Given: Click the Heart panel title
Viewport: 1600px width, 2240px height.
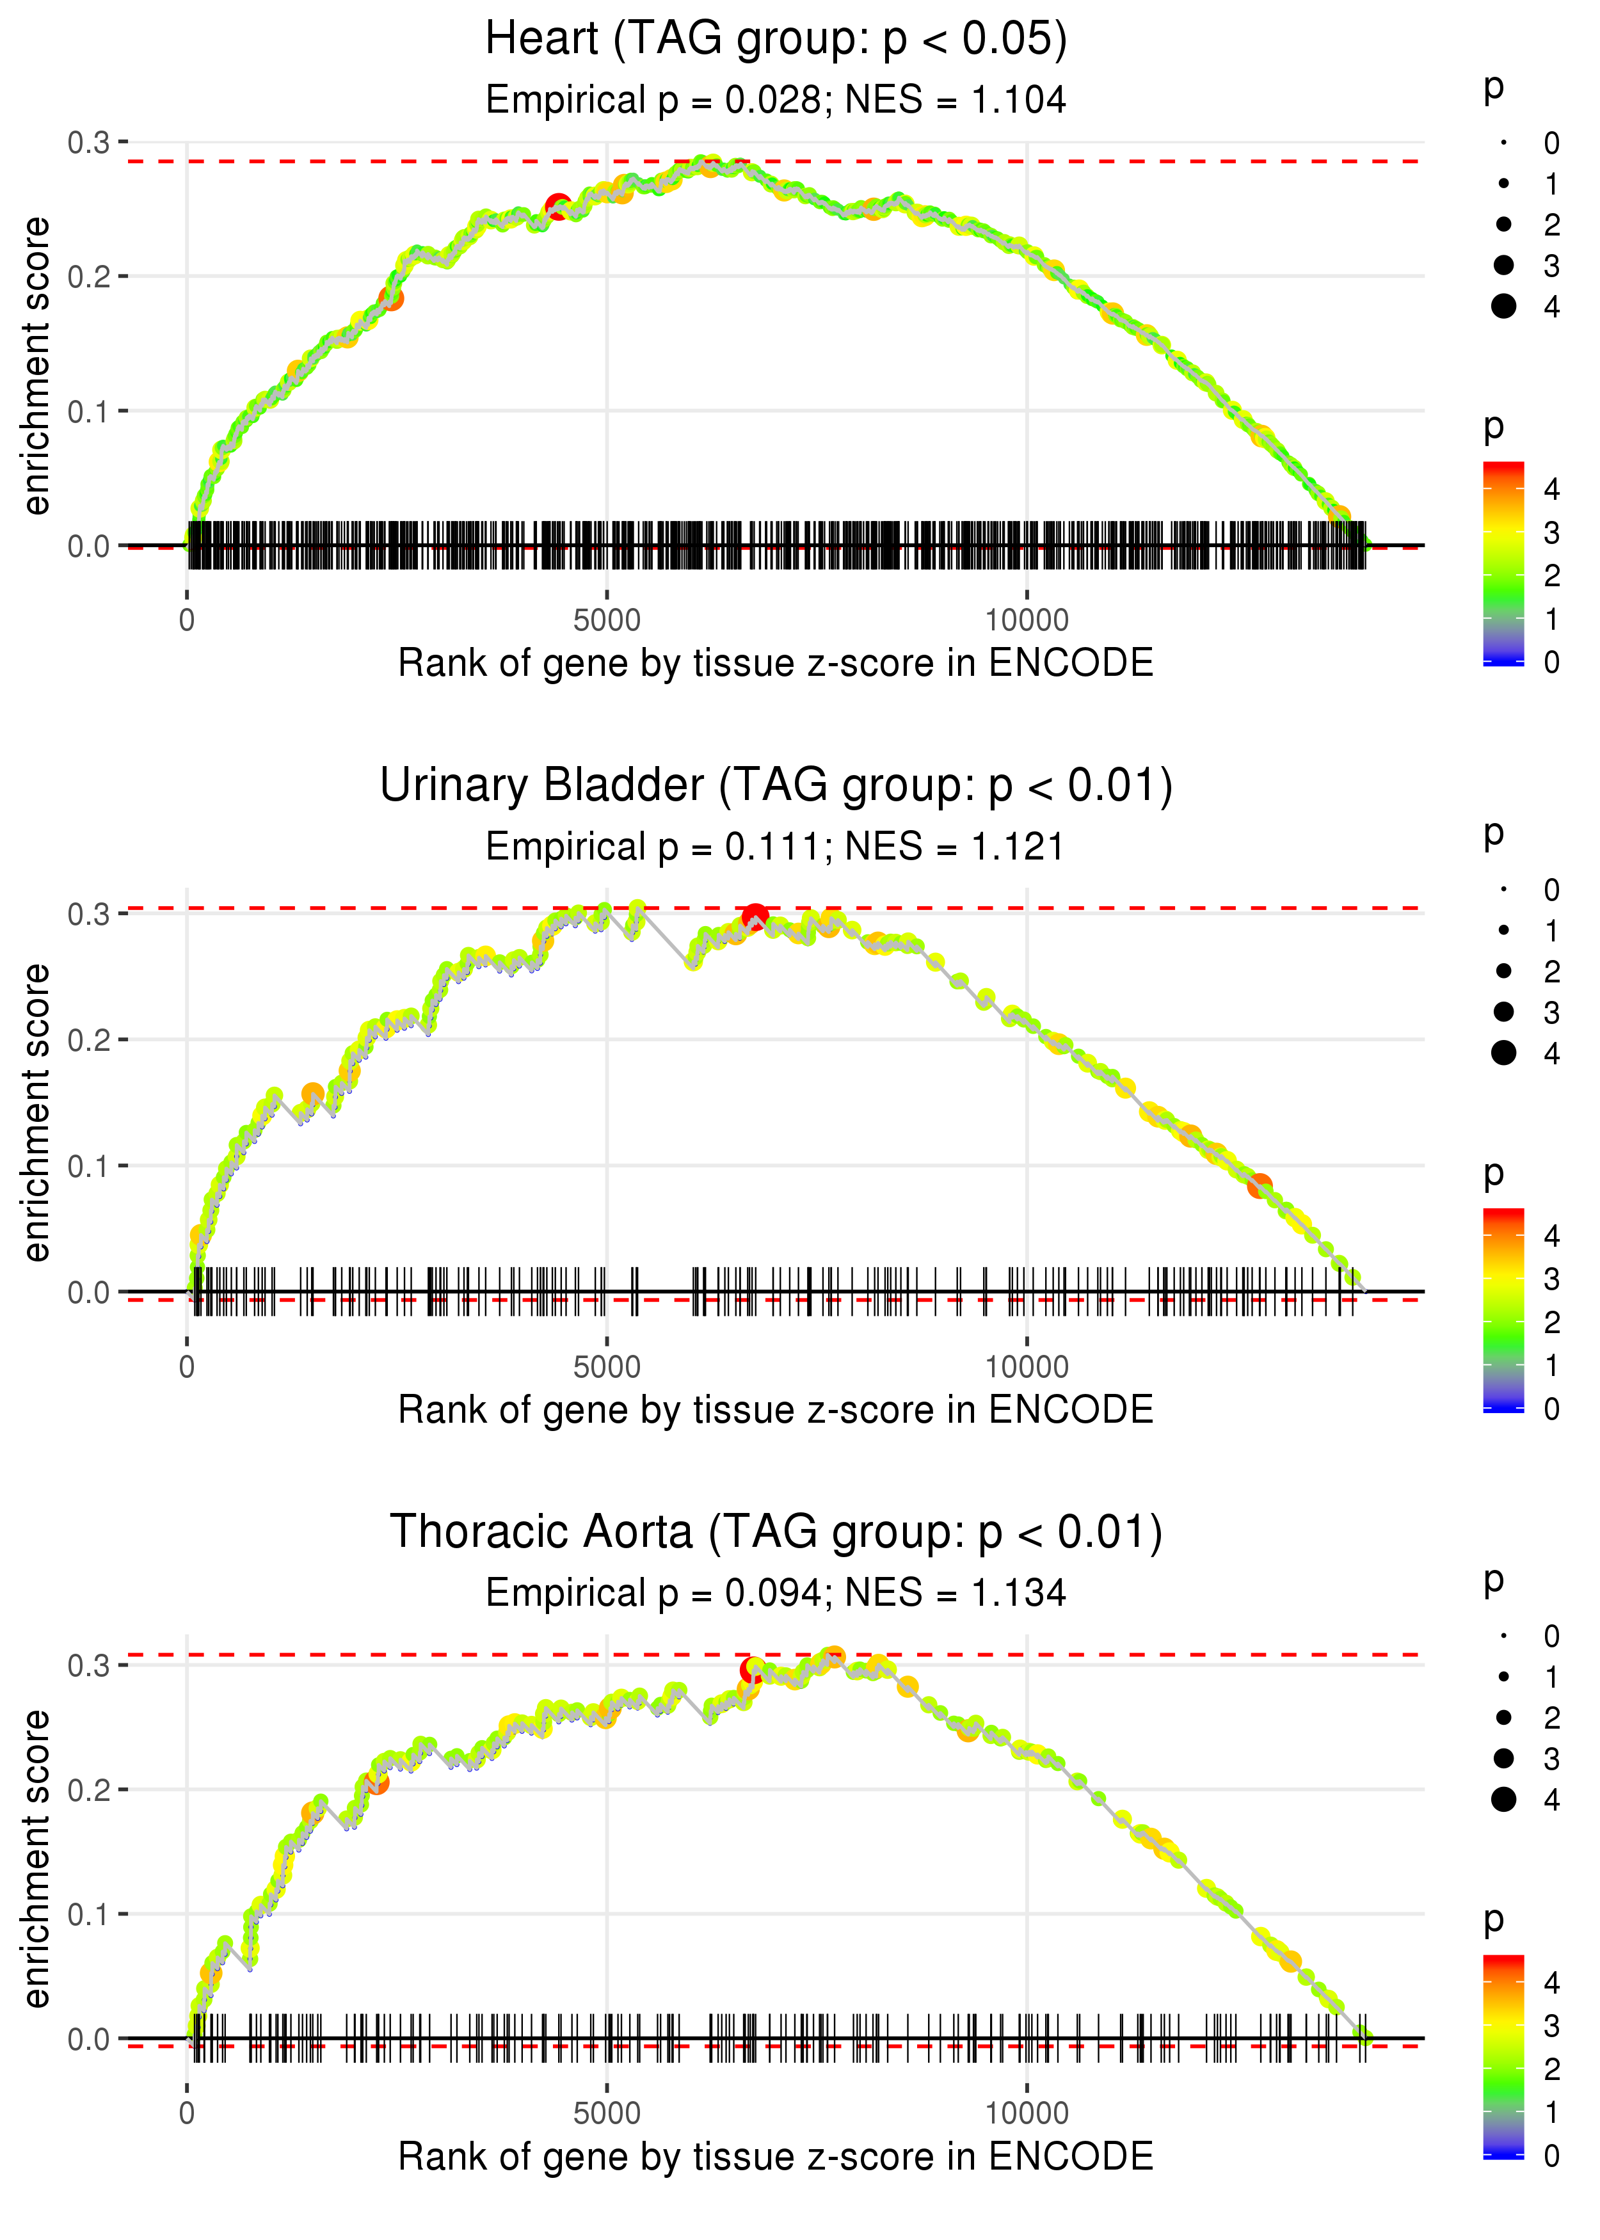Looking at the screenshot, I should point(776,40).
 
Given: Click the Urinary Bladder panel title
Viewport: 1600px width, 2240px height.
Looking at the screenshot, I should point(776,786).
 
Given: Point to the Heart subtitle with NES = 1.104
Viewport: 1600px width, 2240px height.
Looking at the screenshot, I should point(776,100).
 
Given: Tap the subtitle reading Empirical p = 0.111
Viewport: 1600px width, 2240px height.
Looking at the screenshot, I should point(776,847).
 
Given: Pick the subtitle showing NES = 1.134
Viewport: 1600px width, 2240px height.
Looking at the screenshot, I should point(776,1594).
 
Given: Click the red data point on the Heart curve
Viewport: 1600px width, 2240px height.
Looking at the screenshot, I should point(557,207).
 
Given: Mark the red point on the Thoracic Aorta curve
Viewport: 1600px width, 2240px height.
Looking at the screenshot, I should point(752,1670).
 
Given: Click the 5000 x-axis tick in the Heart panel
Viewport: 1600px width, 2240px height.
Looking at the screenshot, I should point(606,621).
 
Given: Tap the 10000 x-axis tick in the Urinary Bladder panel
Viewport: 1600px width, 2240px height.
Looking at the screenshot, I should point(1027,1367).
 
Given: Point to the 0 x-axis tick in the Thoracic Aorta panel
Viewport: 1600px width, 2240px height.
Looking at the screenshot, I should point(187,2114).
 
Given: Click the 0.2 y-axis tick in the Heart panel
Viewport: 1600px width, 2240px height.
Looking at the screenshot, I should point(89,276).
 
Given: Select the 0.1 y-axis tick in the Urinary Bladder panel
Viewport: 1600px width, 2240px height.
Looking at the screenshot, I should point(89,1166).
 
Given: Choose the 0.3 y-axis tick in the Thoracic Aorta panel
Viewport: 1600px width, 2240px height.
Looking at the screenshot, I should point(89,1666).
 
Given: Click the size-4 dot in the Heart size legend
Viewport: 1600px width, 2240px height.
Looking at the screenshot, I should point(1503,307).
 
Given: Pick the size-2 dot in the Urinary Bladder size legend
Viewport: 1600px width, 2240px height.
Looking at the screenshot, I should point(1503,972).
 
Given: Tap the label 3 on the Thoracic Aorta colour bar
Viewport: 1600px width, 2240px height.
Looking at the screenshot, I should point(1552,2026).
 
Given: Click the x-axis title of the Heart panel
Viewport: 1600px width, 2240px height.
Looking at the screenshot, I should point(776,664).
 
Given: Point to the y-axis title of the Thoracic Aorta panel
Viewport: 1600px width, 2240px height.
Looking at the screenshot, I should point(36,1858).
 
